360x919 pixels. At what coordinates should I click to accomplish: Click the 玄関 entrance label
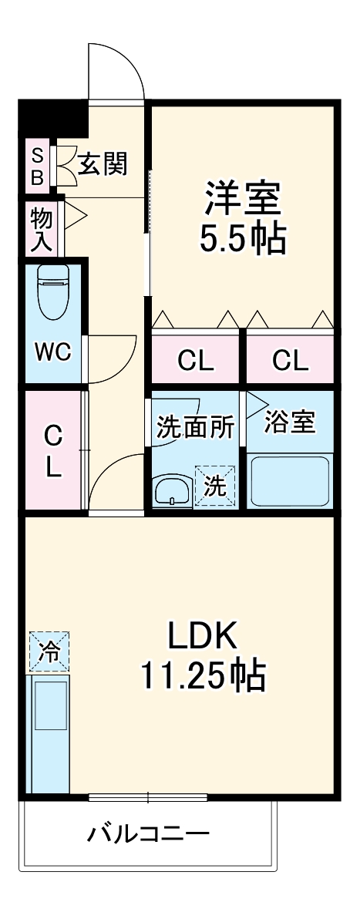[103, 163]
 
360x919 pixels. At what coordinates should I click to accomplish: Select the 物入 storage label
[41, 230]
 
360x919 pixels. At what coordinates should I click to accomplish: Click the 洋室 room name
[242, 199]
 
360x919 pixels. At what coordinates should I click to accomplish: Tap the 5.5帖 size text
[243, 241]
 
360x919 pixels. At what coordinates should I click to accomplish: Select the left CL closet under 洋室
[196, 359]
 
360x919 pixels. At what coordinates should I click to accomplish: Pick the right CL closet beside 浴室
[290, 359]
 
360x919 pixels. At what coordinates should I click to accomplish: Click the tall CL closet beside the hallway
[52, 451]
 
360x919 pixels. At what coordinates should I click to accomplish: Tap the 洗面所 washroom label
[195, 428]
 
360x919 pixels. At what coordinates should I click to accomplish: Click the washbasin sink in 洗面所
[171, 491]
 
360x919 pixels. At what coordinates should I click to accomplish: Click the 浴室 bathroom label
[291, 422]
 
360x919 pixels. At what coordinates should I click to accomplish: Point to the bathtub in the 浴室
[291, 482]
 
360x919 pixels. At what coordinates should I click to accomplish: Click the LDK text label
[202, 637]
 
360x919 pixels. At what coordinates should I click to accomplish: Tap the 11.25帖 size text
[202, 676]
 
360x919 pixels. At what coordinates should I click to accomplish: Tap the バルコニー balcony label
[148, 834]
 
